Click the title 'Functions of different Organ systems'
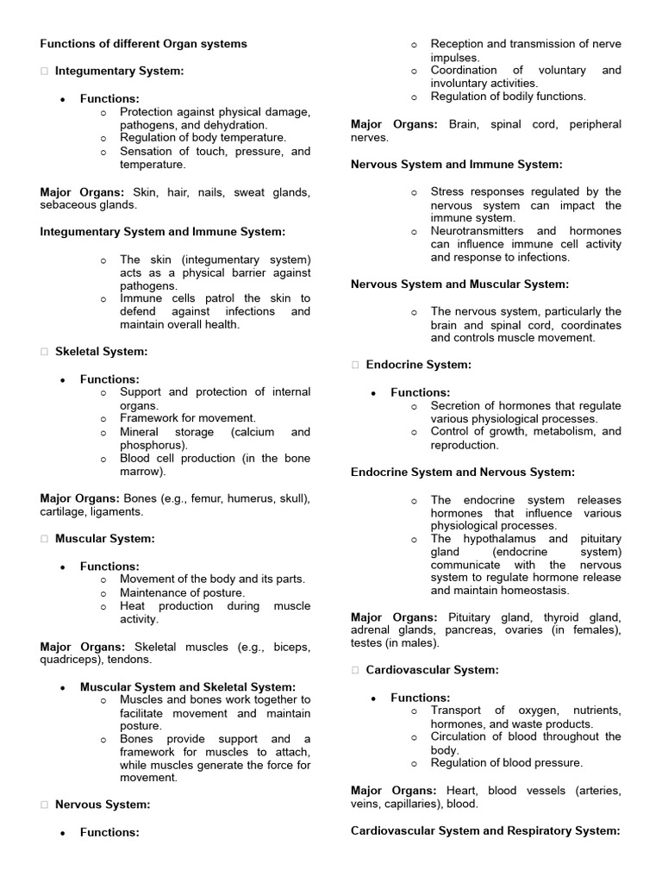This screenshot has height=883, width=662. click(x=143, y=43)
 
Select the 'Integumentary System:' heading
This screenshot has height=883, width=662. click(x=119, y=71)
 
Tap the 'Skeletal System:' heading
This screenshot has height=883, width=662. click(x=101, y=351)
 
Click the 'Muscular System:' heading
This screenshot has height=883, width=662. click(x=104, y=539)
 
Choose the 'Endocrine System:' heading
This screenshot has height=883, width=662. click(x=418, y=365)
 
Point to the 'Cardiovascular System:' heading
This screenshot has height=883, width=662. click(x=432, y=669)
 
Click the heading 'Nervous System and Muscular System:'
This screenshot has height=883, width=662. click(x=459, y=284)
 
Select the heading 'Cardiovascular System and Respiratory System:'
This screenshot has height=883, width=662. click(x=485, y=830)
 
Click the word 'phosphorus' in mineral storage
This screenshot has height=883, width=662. click(x=151, y=445)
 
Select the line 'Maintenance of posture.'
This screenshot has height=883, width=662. click(x=182, y=592)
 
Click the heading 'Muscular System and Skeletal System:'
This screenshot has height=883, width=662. click(x=187, y=687)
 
